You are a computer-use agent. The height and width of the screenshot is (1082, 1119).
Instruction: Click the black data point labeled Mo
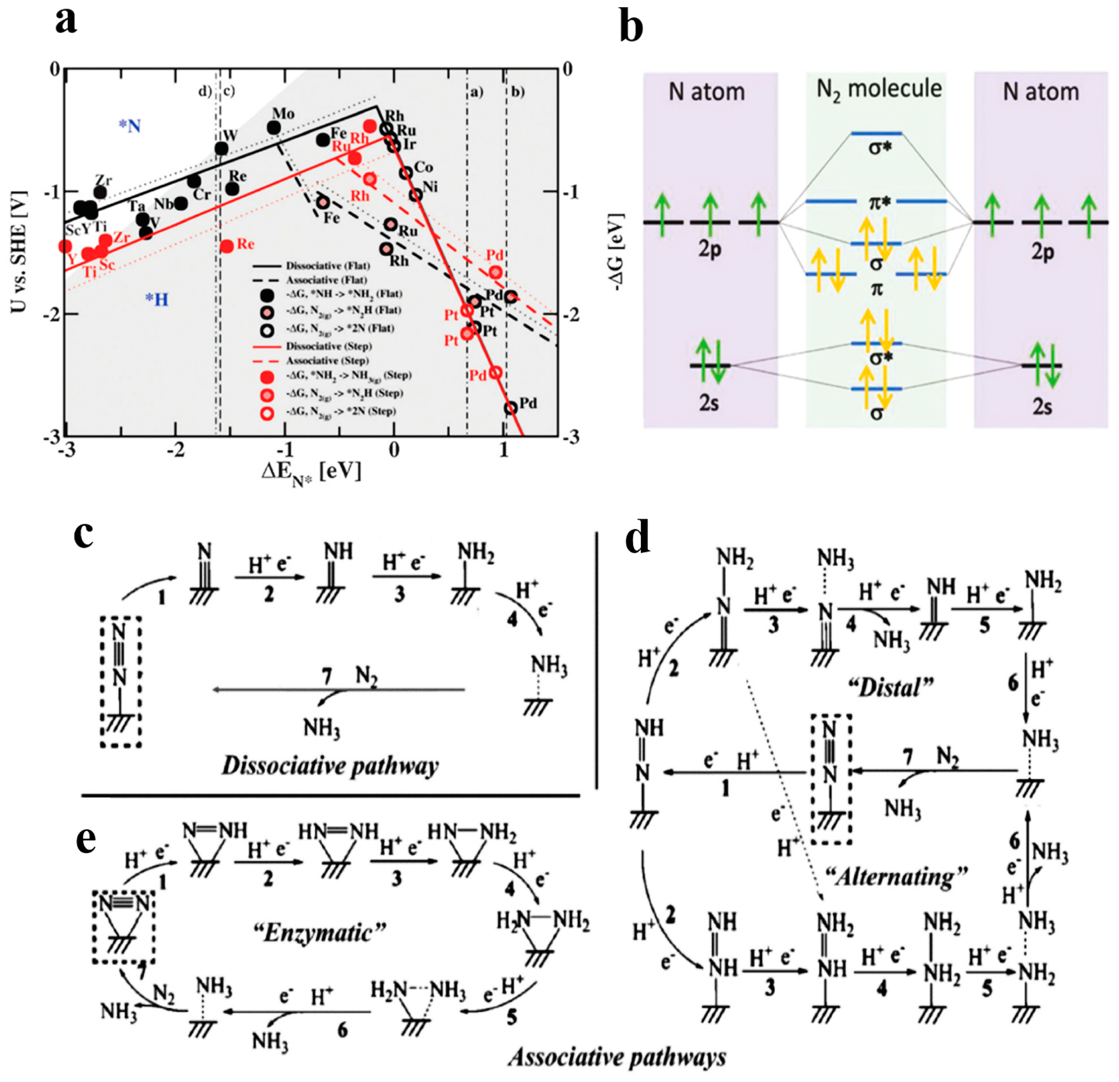click(274, 128)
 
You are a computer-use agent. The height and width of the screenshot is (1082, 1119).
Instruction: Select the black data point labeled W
click(221, 149)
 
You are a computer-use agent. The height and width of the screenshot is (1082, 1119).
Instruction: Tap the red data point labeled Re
click(227, 246)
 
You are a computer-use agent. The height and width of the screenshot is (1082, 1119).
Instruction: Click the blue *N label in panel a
click(130, 126)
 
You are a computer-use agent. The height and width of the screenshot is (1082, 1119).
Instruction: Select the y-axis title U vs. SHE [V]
click(20, 252)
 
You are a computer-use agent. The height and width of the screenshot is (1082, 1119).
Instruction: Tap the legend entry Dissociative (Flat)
click(328, 266)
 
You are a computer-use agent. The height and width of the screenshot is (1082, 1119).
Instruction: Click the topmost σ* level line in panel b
click(876, 134)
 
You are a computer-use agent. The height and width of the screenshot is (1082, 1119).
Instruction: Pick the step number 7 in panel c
click(326, 677)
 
